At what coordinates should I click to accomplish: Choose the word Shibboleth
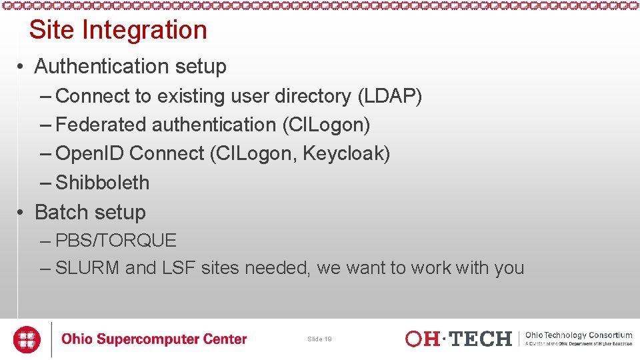click(x=103, y=183)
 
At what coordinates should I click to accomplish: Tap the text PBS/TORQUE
click(x=116, y=240)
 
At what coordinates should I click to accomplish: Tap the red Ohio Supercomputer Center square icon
click(x=27, y=339)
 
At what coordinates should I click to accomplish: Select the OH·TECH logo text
click(x=459, y=339)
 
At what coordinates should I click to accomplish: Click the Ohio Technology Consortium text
click(x=579, y=335)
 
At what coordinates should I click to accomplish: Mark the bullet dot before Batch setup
click(x=22, y=213)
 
